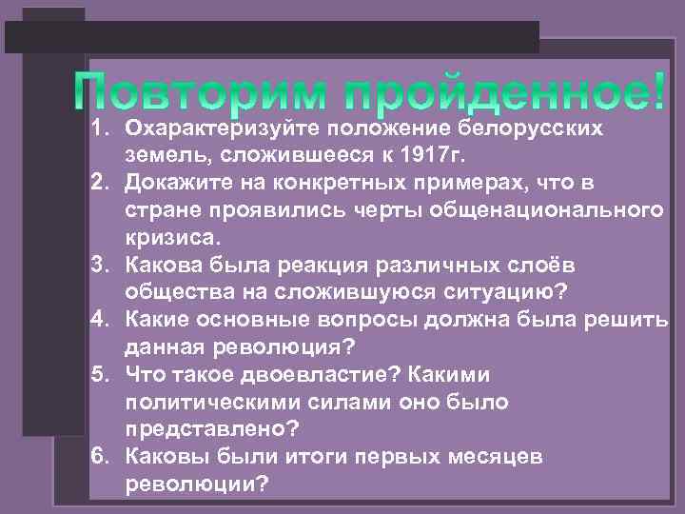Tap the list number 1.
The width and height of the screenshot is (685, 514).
tap(103, 127)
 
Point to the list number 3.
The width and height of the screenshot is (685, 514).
tap(103, 263)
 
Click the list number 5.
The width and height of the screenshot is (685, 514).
tap(103, 373)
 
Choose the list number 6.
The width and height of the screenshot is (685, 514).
tap(103, 456)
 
